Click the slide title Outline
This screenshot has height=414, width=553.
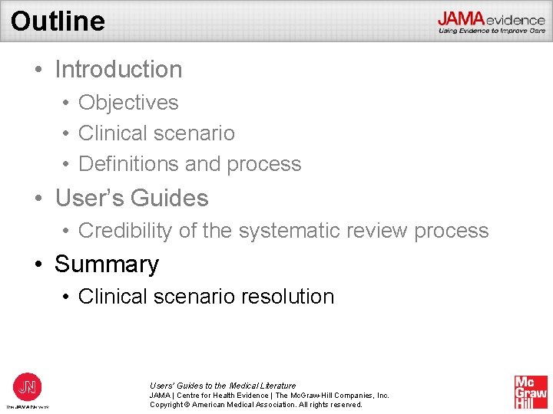pos(58,21)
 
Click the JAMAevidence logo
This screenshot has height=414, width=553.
pos(492,22)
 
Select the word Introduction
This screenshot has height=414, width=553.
pos(118,70)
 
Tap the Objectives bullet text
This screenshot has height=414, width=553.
pos(128,103)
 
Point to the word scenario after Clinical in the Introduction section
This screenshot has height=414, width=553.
pos(194,133)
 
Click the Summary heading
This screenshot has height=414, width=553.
pos(107,264)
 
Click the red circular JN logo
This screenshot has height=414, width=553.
pos(28,386)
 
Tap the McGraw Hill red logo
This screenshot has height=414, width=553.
pos(531,392)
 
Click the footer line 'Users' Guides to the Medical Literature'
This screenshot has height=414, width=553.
pos(223,386)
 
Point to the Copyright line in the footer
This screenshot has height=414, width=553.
pos(256,405)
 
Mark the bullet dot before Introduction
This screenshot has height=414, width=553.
pos(38,70)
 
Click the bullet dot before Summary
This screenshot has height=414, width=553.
pos(38,264)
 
